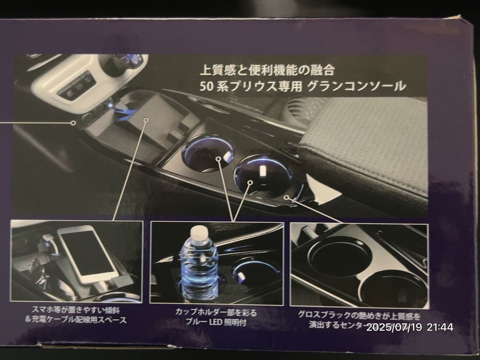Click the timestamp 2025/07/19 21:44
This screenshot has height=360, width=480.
point(410,328)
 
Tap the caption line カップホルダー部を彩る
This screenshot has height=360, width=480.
point(216,313)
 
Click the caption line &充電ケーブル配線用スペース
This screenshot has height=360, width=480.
point(76,320)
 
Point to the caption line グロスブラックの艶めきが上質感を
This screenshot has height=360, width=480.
point(360,316)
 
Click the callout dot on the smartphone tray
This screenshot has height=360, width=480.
point(146,120)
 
